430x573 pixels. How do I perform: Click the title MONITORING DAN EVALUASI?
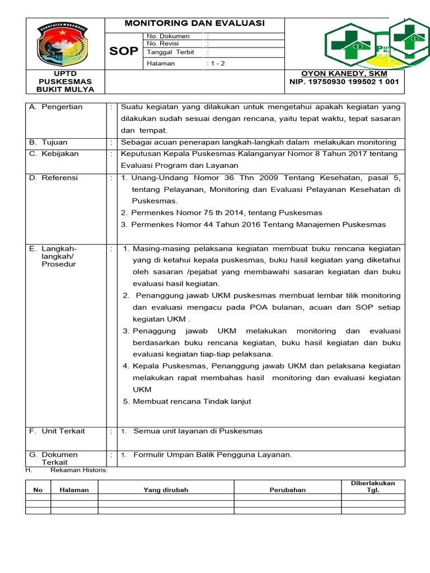pos(194,24)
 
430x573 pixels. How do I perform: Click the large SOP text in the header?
pos(124,51)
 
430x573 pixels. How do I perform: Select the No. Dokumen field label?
pos(168,36)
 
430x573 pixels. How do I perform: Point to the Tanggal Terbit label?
pos(170,52)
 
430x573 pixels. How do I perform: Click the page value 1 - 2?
pos(216,63)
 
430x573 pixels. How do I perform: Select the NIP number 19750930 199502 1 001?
pos(344,82)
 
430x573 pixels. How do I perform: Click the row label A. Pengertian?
pos(55,107)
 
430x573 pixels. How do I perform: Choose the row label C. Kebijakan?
pos(54,153)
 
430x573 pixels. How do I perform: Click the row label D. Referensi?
pos(54,178)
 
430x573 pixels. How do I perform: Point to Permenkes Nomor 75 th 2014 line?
pos(222,213)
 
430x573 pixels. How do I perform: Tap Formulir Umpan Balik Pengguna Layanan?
pos(213,455)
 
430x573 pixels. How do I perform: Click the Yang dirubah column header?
pos(166,490)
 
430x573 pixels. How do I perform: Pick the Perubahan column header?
pos(288,490)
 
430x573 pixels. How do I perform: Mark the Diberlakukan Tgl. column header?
pos(373,486)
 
